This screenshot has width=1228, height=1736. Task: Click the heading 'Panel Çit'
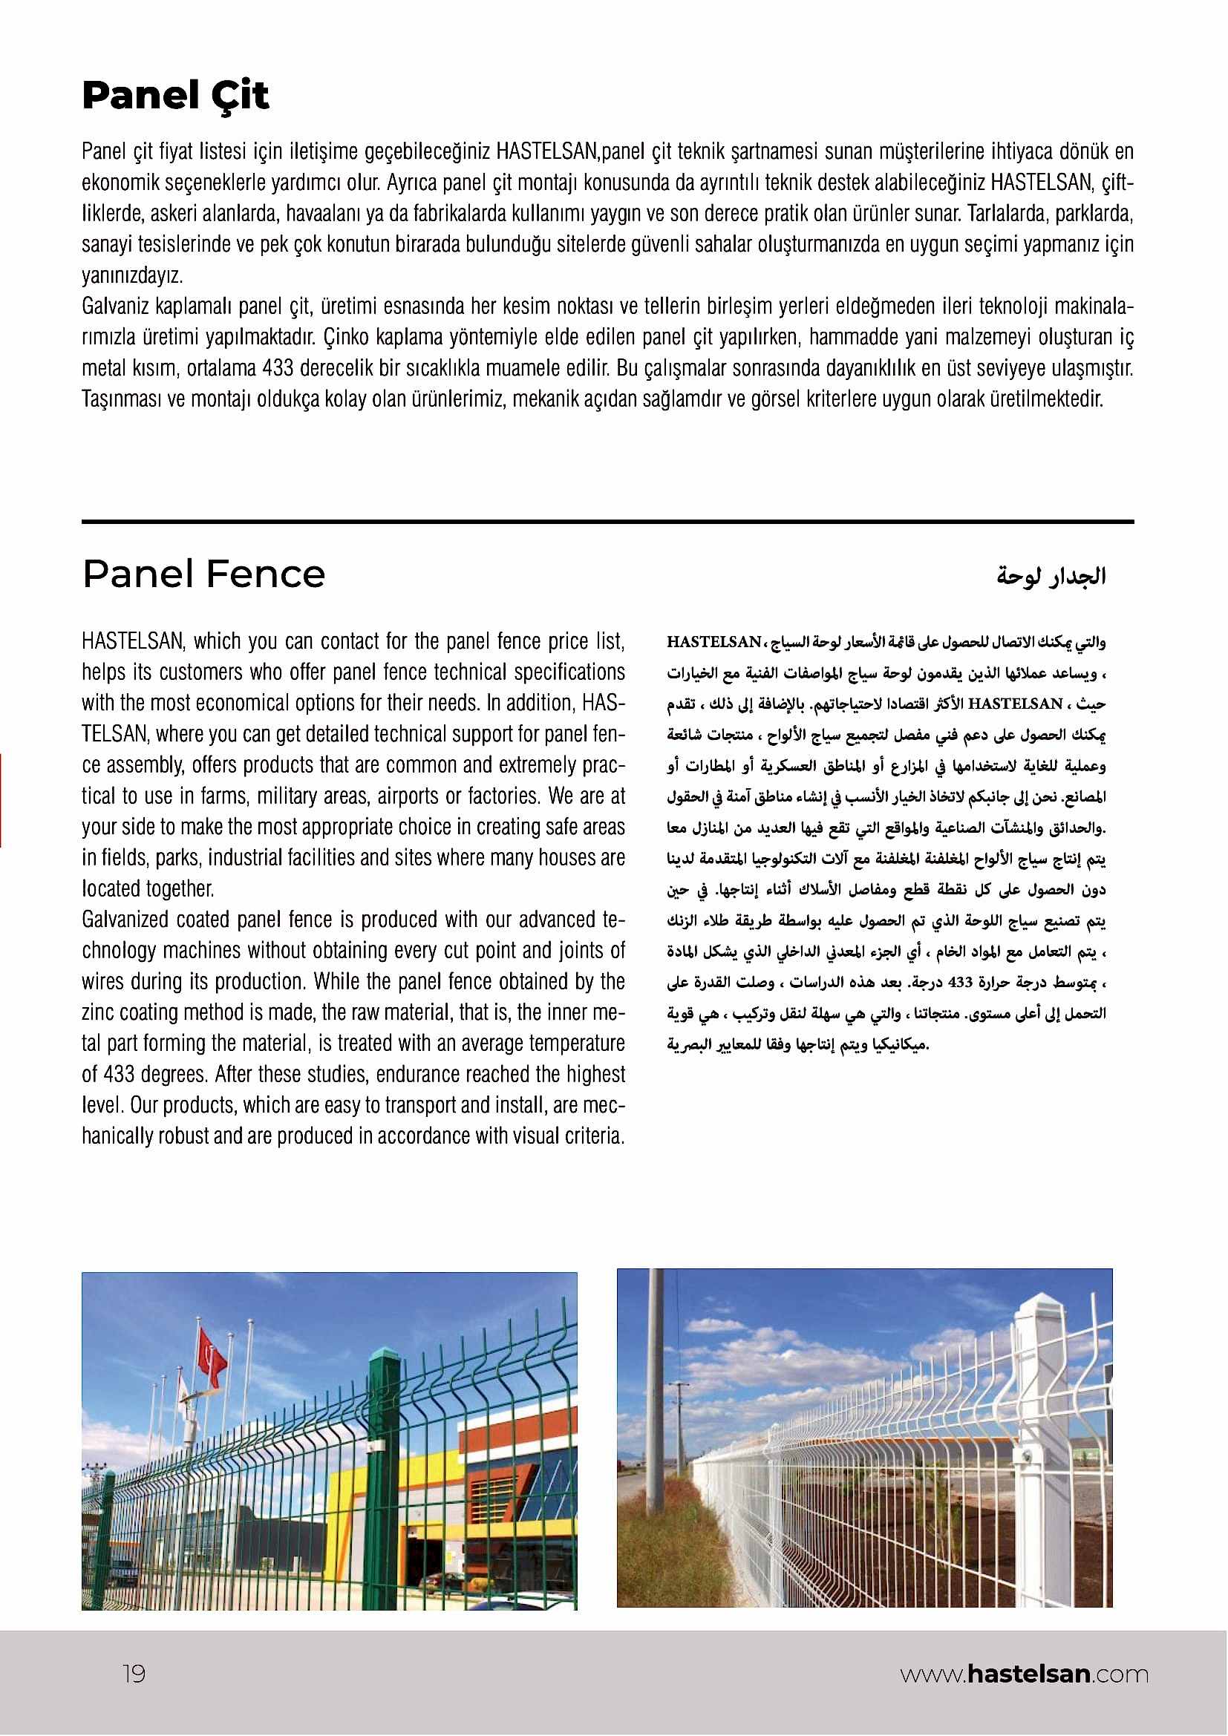coord(174,96)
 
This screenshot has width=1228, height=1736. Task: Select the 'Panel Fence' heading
coord(203,574)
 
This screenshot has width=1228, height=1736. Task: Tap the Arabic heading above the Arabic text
coord(1051,577)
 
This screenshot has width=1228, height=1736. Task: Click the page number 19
coord(134,1673)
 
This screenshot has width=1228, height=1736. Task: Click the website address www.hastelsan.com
coord(1024,1674)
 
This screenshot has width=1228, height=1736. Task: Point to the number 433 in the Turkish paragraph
coord(278,368)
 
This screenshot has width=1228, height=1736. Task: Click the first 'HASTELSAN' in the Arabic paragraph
coord(713,642)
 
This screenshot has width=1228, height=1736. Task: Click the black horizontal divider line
coord(607,522)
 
